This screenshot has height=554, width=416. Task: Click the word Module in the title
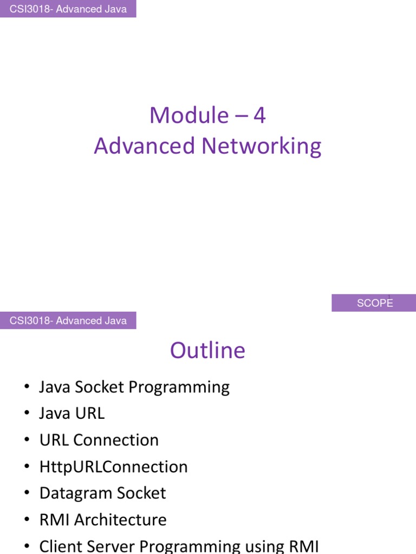(x=189, y=115)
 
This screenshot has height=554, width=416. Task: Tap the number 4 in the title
(x=259, y=115)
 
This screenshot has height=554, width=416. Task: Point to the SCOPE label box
(x=374, y=303)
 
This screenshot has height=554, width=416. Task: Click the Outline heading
(x=207, y=351)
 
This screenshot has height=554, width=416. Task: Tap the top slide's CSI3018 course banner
(x=68, y=9)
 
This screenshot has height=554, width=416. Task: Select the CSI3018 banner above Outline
(x=68, y=321)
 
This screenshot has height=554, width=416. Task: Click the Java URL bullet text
(x=72, y=413)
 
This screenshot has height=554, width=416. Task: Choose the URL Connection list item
(x=99, y=440)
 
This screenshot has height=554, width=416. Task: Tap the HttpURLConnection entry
(x=114, y=466)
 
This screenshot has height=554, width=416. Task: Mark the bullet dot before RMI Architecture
(x=27, y=520)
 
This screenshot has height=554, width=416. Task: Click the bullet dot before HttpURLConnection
(x=27, y=467)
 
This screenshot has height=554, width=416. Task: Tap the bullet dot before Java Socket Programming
(x=27, y=387)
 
